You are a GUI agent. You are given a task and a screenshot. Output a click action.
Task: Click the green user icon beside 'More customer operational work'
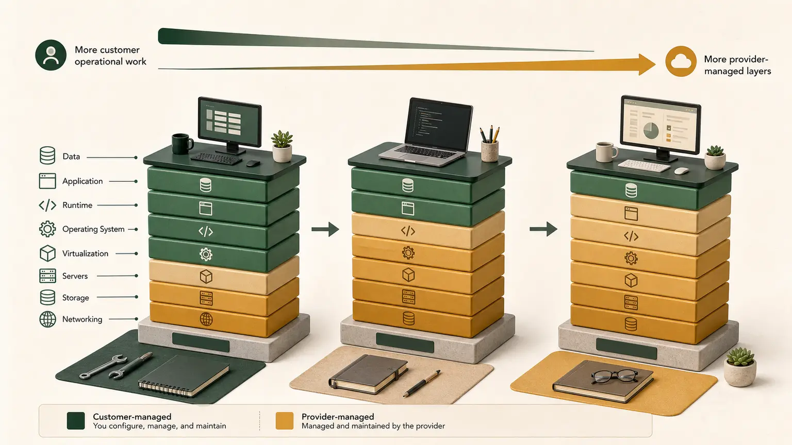(x=51, y=55)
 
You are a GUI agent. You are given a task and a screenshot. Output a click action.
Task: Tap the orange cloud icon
(x=681, y=61)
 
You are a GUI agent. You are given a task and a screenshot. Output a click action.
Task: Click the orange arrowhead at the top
(x=647, y=64)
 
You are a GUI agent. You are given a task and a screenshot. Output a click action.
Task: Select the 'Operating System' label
(x=93, y=229)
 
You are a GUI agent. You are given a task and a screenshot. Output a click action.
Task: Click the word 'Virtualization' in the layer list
(x=85, y=253)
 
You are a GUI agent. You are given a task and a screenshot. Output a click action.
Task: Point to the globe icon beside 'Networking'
(x=47, y=319)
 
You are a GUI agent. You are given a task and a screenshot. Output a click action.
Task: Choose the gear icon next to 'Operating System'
(x=47, y=229)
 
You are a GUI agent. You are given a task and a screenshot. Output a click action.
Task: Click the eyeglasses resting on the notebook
(x=615, y=376)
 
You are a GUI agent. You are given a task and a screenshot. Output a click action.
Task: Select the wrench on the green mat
(x=103, y=367)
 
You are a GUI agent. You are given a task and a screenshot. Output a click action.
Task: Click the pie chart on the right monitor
(x=651, y=131)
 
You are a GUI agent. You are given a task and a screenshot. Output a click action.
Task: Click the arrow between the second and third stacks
(x=543, y=229)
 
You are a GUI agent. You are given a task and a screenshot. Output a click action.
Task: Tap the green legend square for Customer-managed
(x=76, y=421)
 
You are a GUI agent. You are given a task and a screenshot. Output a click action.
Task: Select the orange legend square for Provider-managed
(x=285, y=421)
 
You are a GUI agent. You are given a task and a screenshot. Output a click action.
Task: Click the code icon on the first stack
(x=205, y=232)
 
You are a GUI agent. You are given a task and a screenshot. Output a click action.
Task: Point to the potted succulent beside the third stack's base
(x=740, y=367)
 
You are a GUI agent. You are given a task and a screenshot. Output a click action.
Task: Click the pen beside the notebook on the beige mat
(x=422, y=384)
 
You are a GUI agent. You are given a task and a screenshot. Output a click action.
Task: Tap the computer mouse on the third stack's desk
(x=681, y=171)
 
